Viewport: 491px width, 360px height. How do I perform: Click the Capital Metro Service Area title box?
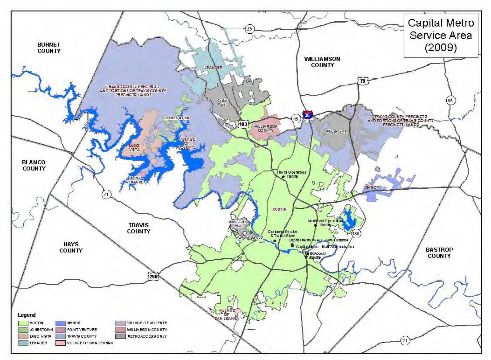click(x=441, y=35)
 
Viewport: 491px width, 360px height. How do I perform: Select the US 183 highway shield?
click(x=243, y=124)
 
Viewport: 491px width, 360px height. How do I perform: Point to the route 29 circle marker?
click(x=249, y=29)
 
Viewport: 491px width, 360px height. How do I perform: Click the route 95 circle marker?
click(x=451, y=100)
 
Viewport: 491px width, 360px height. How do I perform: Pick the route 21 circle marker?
click(x=405, y=340)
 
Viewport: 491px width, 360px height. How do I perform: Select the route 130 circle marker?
click(x=356, y=233)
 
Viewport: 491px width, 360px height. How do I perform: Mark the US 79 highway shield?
click(x=362, y=81)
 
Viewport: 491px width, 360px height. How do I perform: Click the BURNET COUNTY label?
click(x=49, y=48)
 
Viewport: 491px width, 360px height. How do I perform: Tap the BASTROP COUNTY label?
click(x=439, y=253)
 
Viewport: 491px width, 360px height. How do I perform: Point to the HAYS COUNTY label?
click(x=71, y=247)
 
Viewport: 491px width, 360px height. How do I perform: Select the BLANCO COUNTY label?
click(x=34, y=165)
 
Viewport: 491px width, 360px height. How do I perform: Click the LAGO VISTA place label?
click(x=134, y=148)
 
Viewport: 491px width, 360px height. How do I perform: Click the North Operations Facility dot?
click(x=283, y=177)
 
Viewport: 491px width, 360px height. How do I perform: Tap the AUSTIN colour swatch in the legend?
click(x=23, y=323)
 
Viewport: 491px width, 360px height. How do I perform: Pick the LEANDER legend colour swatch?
click(x=23, y=343)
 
